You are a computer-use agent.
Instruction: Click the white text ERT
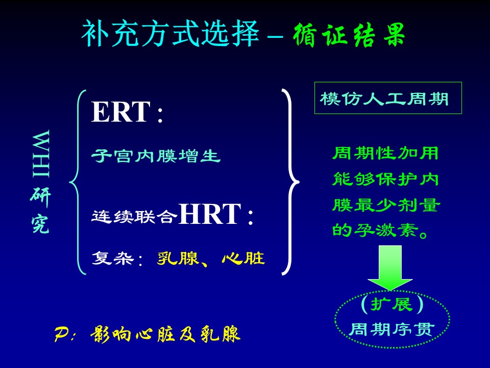[121, 112]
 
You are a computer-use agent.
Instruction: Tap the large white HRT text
[210, 214]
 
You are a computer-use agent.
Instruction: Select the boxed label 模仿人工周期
[384, 99]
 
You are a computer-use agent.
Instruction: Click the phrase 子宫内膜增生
[156, 156]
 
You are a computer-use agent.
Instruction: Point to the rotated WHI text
[41, 154]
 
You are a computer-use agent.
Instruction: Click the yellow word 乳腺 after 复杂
[178, 259]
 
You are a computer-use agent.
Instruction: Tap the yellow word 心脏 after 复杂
[243, 259]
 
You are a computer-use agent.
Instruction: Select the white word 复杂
[113, 259]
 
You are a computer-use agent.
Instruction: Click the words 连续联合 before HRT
[134, 216]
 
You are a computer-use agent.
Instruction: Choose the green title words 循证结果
[349, 35]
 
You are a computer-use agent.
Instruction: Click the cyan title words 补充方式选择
[170, 34]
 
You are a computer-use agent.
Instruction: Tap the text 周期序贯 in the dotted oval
[392, 330]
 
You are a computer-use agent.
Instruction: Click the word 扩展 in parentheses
[392, 304]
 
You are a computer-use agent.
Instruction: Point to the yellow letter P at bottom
[61, 334]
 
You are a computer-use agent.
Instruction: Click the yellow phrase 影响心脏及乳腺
[165, 334]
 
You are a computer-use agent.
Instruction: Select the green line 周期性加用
[386, 154]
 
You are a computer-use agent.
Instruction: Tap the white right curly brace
[290, 182]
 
